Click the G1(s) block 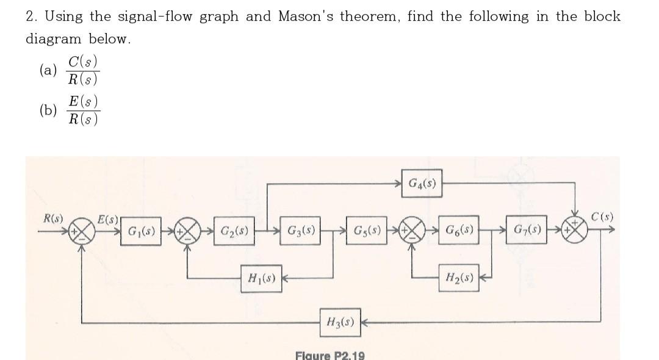pos(140,232)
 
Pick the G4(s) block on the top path pos(421,182)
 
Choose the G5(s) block pos(366,232)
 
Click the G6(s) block pos(458,232)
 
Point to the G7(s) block pos(526,232)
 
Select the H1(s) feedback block pos(261,281)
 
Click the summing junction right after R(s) pos(82,232)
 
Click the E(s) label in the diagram pos(109,219)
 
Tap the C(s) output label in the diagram pos(602,217)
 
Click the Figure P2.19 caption pos(329,355)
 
